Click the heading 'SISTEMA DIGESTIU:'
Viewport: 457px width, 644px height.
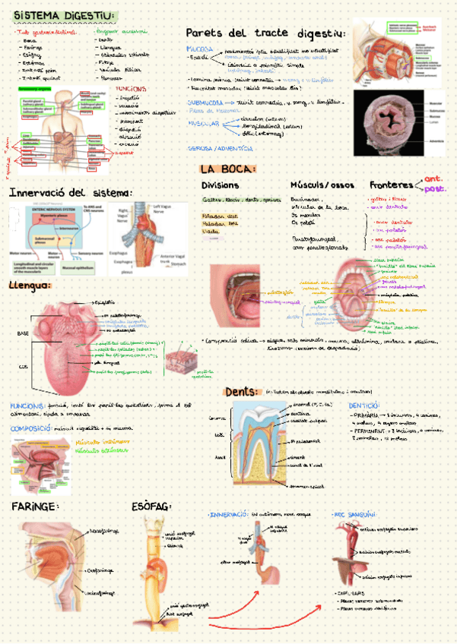click(65, 16)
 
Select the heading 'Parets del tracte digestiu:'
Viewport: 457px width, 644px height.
click(265, 33)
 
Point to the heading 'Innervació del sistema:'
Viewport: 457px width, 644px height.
click(71, 193)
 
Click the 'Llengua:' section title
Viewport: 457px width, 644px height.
click(30, 286)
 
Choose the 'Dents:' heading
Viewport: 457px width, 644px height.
click(242, 392)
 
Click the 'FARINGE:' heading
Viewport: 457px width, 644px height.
click(35, 506)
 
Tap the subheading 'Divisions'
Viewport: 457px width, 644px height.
click(220, 185)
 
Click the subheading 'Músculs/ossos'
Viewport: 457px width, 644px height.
click(322, 185)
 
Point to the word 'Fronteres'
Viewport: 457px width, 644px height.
click(392, 185)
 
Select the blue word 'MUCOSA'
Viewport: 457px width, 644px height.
click(199, 49)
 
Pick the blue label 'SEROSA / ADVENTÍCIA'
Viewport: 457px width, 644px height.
click(221, 148)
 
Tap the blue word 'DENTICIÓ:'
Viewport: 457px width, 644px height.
click(364, 406)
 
